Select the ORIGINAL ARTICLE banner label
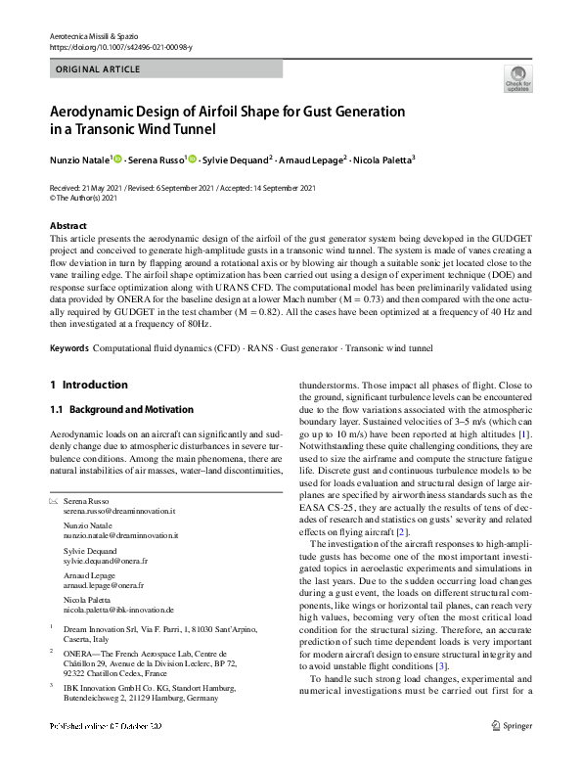(x=98, y=69)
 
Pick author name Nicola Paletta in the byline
(x=382, y=159)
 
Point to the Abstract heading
(x=67, y=226)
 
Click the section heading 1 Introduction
(x=88, y=385)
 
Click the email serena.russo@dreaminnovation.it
(x=119, y=511)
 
